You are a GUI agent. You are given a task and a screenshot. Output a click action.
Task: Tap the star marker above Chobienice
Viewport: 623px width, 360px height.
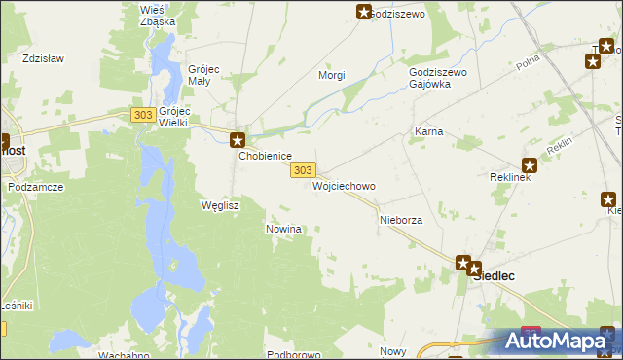(237, 140)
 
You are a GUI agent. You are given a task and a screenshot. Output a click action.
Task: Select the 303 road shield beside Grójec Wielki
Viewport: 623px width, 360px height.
(142, 115)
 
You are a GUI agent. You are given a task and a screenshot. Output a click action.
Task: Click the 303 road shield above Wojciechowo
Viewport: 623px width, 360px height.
(302, 170)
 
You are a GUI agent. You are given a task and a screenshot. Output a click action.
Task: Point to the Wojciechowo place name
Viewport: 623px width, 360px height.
(344, 185)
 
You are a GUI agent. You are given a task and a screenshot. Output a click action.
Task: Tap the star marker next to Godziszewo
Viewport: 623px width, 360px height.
(364, 12)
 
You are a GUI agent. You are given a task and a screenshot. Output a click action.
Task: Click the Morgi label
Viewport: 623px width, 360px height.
(333, 75)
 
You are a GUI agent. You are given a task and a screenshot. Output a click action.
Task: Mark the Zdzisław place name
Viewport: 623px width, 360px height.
(43, 58)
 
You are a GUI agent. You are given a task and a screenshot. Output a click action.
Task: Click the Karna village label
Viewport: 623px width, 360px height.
(429, 130)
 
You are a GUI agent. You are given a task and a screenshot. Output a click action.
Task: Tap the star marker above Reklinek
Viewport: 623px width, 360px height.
(530, 164)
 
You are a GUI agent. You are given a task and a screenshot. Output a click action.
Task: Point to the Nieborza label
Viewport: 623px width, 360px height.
(400, 221)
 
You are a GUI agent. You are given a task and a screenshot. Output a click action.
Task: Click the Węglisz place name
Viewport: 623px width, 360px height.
(219, 205)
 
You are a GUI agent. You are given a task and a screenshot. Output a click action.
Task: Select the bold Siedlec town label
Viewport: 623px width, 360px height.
(494, 275)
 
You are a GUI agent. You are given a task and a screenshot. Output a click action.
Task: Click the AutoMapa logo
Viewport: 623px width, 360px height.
(558, 341)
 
